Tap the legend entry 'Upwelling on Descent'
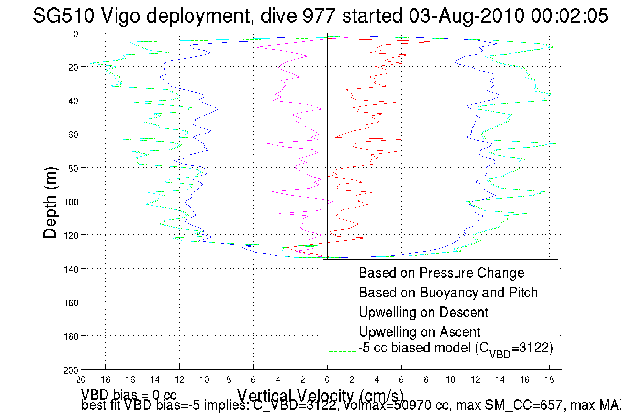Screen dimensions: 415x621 tap(423, 312)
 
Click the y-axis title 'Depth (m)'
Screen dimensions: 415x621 tap(50, 203)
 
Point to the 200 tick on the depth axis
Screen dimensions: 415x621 tap(71, 370)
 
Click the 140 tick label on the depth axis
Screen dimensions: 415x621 tap(71, 269)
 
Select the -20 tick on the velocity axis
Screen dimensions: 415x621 tap(79, 380)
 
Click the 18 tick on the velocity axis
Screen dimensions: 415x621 tap(549, 380)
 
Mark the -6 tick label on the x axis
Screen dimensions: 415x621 tap(252, 380)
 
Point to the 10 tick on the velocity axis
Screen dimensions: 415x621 tap(450, 380)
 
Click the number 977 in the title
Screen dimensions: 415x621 tap(318, 15)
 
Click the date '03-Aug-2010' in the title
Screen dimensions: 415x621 tap(466, 15)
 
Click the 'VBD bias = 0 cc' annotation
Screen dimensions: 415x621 tap(129, 394)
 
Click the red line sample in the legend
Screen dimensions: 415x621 tap(342, 310)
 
